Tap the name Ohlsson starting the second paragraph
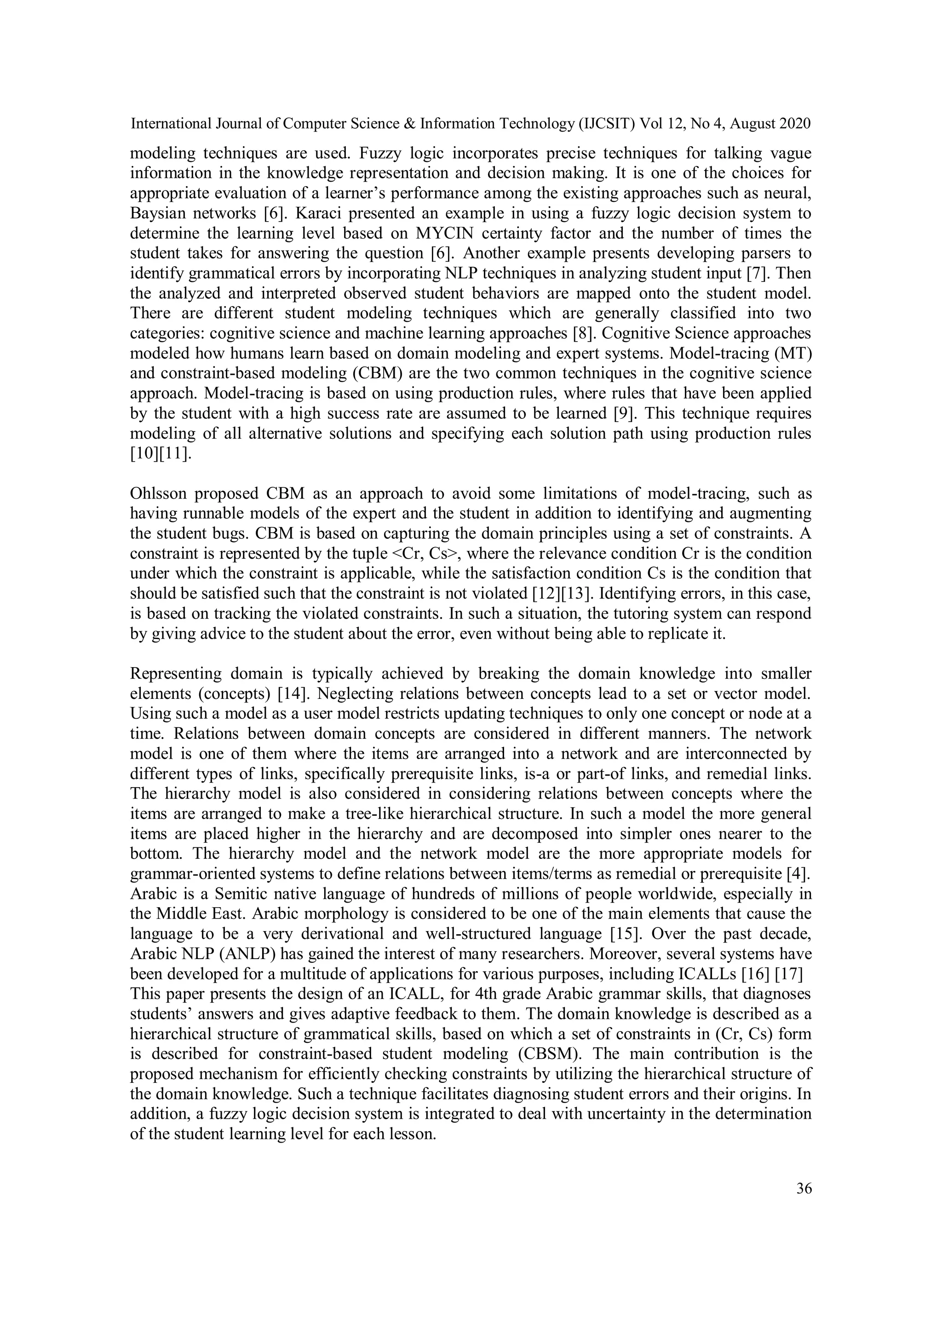tap(157, 494)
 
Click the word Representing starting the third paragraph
tap(175, 674)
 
